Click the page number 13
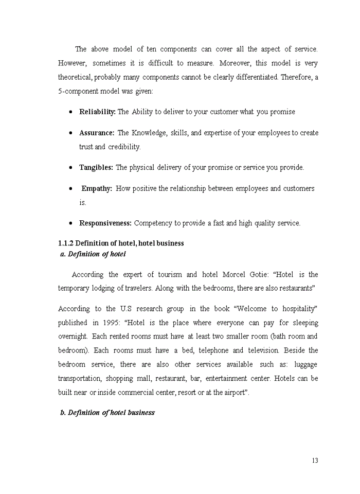(315, 461)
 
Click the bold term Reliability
(97, 112)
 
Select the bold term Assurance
(96, 133)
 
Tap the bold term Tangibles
(96, 168)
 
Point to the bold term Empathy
(97, 189)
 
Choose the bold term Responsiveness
(105, 223)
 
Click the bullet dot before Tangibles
(71, 168)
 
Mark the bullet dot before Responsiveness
(71, 223)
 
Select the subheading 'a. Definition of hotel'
(93, 254)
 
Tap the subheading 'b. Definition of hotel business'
(107, 413)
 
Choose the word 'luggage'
(305, 364)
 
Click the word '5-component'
(79, 91)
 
